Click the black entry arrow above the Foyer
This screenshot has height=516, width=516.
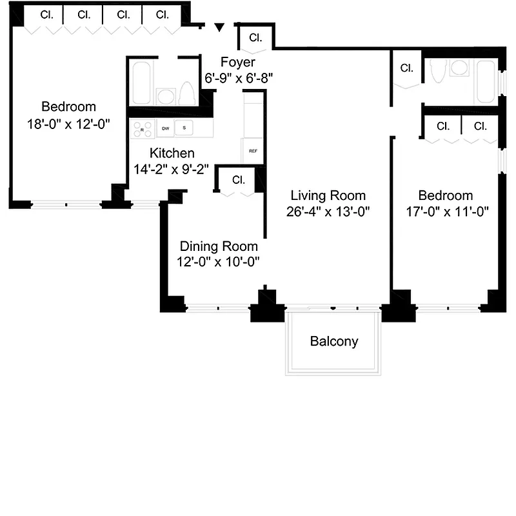[x=220, y=27]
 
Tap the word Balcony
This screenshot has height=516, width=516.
[x=333, y=341]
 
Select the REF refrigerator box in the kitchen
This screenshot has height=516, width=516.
[x=253, y=151]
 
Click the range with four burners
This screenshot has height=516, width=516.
[x=142, y=128]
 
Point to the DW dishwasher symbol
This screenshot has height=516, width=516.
[x=166, y=128]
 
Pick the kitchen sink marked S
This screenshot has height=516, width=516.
[x=184, y=128]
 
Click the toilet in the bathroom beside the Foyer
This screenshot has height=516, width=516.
[x=186, y=94]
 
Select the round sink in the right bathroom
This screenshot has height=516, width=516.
[x=460, y=67]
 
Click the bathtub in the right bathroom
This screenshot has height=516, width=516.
[x=486, y=82]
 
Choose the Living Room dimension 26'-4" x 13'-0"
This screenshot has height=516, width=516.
[x=328, y=211]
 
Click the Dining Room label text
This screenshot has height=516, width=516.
[x=219, y=246]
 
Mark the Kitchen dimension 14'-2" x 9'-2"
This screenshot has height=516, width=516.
[x=171, y=169]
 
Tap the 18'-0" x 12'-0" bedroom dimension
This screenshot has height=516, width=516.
[x=68, y=124]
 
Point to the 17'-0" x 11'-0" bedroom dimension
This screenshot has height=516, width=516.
[x=446, y=211]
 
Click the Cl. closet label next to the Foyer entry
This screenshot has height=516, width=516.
[x=255, y=37]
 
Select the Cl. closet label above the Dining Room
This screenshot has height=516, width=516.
[x=239, y=179]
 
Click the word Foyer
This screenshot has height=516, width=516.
[x=237, y=63]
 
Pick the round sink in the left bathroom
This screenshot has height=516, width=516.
[x=166, y=97]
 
